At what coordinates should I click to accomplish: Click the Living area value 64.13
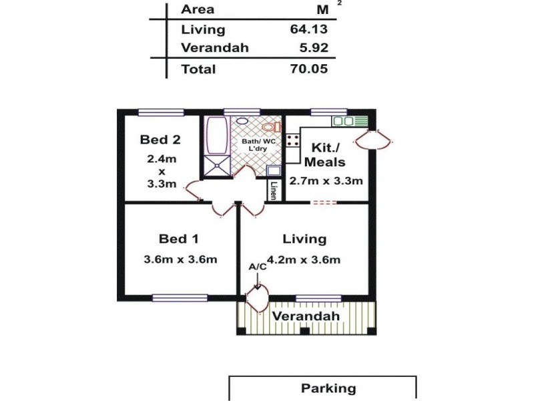click(x=308, y=29)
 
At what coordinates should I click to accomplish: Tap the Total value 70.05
click(x=308, y=69)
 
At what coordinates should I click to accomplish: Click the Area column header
click(x=197, y=9)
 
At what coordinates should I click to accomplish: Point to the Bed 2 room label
click(x=160, y=140)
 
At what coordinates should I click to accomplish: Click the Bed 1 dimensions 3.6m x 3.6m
click(x=180, y=260)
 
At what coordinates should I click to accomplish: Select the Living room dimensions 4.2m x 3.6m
click(x=304, y=260)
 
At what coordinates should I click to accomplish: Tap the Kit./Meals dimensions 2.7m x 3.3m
click(x=326, y=181)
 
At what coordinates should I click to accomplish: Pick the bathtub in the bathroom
click(x=216, y=137)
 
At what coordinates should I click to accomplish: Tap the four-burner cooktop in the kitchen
click(x=292, y=140)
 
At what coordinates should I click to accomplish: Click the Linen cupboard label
click(x=273, y=191)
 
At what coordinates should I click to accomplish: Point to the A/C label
click(x=257, y=267)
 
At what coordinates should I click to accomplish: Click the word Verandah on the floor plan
click(x=306, y=316)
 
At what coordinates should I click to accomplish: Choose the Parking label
click(x=328, y=388)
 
